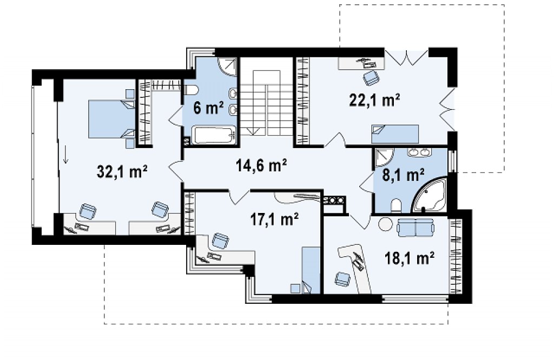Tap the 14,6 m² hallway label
(x=261, y=165)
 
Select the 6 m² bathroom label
(x=209, y=108)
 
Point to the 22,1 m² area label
(x=374, y=100)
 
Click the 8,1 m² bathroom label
(x=404, y=175)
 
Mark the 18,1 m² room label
(x=409, y=258)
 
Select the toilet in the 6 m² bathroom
(x=191, y=90)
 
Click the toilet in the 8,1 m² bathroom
(x=396, y=206)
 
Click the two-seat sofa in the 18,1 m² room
(x=415, y=227)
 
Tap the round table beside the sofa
(x=385, y=224)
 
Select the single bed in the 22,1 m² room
(x=394, y=134)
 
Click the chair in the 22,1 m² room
(x=371, y=78)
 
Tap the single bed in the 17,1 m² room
(x=311, y=270)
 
